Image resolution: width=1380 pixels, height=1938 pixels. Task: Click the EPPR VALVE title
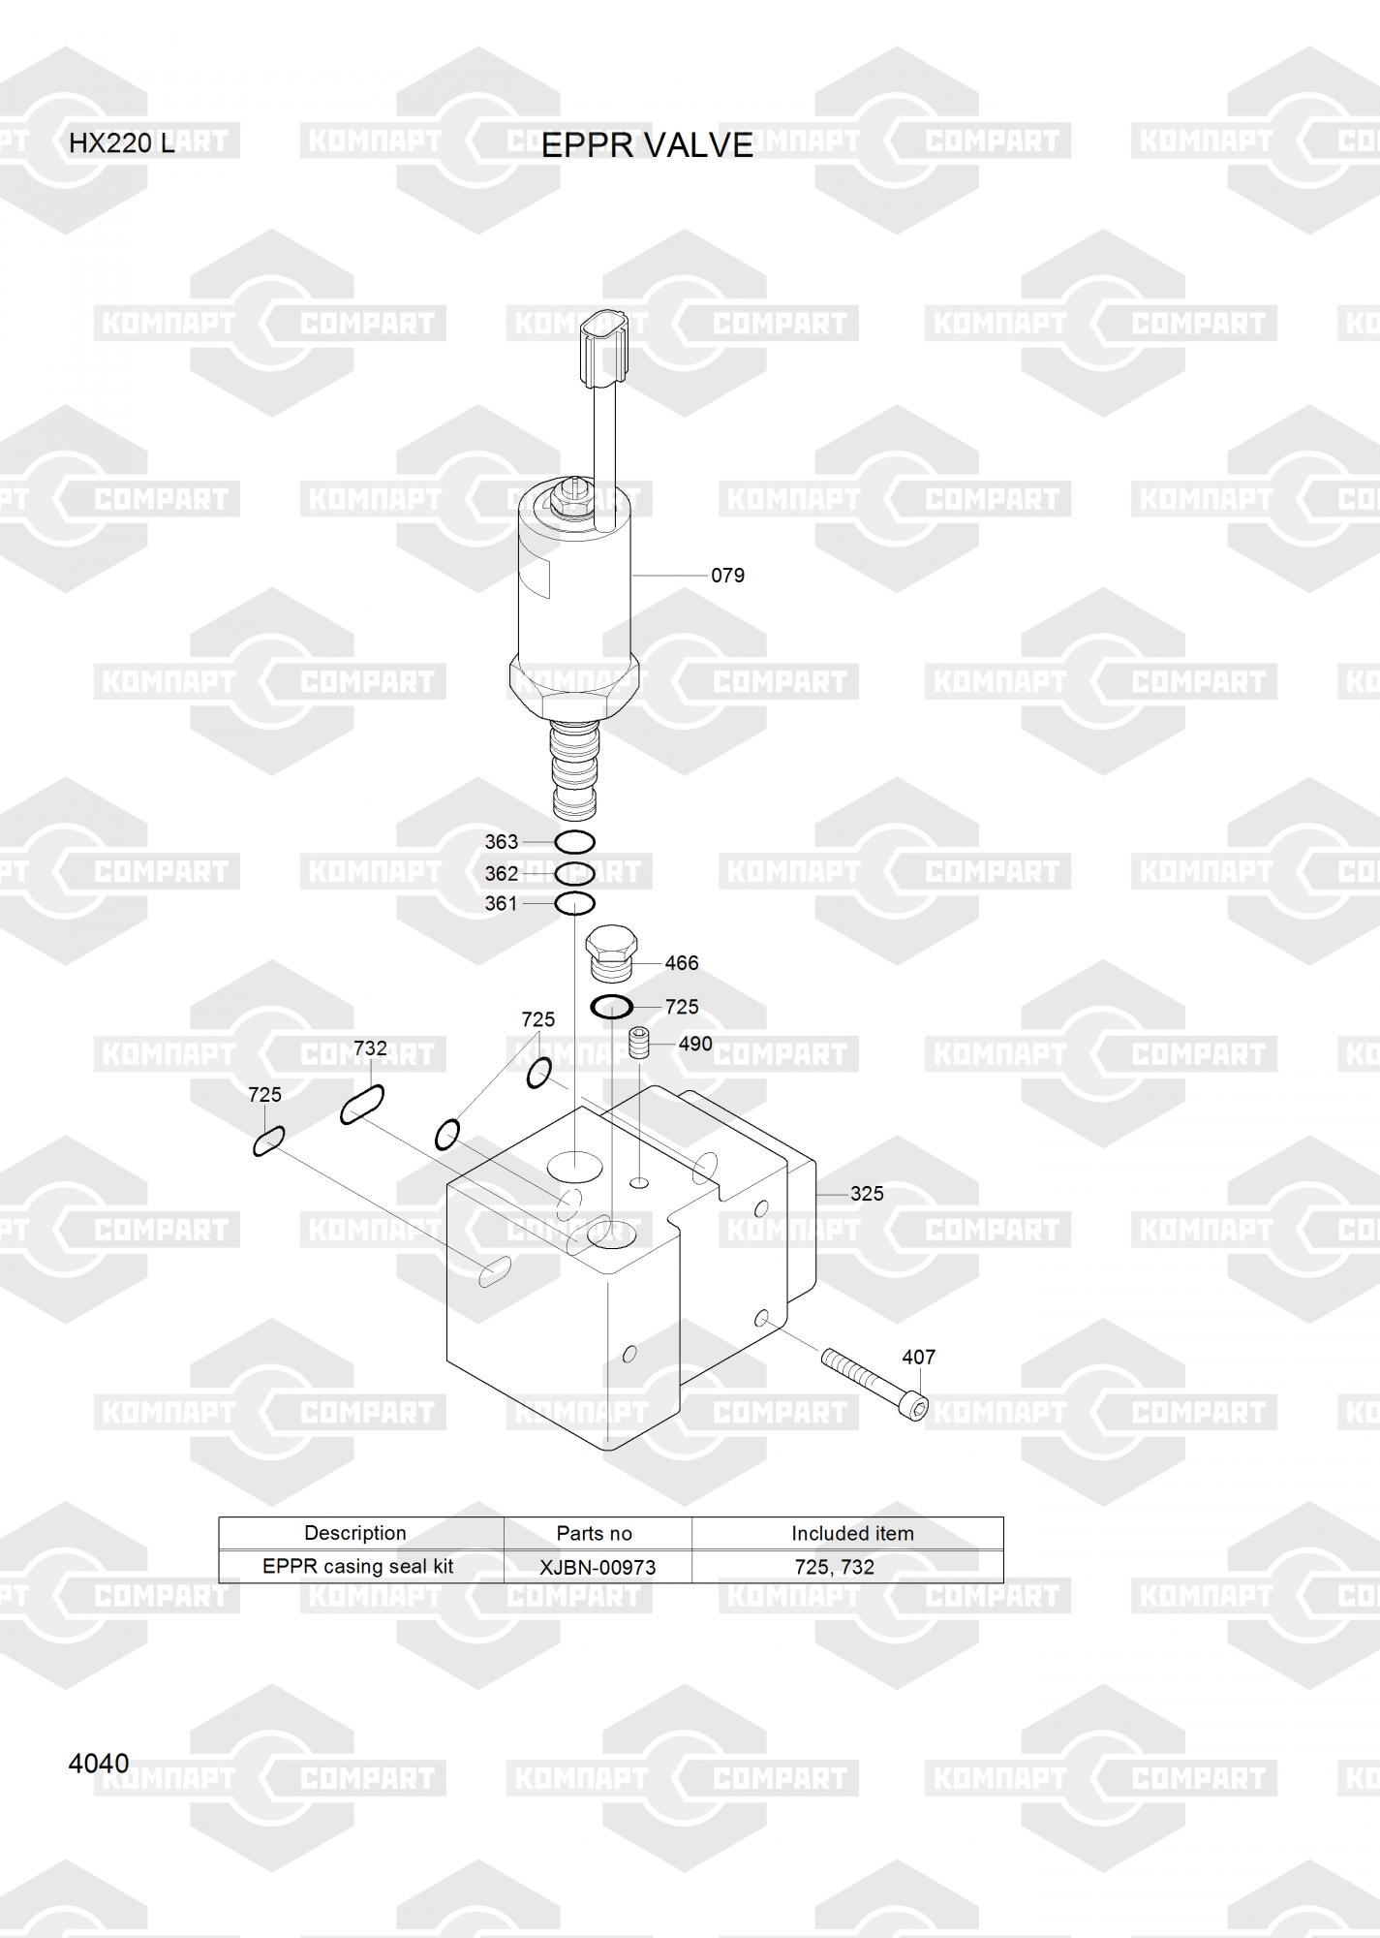coord(647,145)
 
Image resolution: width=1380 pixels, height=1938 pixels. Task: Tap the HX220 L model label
coord(122,144)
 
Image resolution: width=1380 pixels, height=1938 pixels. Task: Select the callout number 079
coord(727,576)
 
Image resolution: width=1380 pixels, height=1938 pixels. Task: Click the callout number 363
coord(502,842)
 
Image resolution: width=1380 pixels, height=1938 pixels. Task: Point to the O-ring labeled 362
coord(574,873)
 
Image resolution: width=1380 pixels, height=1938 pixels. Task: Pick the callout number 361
coord(502,903)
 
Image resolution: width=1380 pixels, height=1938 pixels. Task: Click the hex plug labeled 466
coord(612,953)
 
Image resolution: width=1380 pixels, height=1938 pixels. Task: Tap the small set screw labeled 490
coord(638,1044)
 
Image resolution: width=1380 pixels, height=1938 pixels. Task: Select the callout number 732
coord(370,1048)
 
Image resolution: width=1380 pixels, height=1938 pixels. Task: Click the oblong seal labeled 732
coord(362,1105)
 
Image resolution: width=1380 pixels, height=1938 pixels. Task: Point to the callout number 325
coord(867,1194)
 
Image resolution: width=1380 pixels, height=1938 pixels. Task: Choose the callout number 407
coord(918,1358)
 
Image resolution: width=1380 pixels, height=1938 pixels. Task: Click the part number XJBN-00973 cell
coord(598,1567)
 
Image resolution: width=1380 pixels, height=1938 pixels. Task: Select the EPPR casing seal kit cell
coord(358,1567)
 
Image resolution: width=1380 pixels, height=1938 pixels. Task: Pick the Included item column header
coord(852,1534)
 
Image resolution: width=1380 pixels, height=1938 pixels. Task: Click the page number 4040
coord(99,1764)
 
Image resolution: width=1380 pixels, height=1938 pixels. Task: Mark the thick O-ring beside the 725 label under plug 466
coord(612,1007)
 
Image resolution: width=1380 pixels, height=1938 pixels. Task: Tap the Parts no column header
coord(594,1534)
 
